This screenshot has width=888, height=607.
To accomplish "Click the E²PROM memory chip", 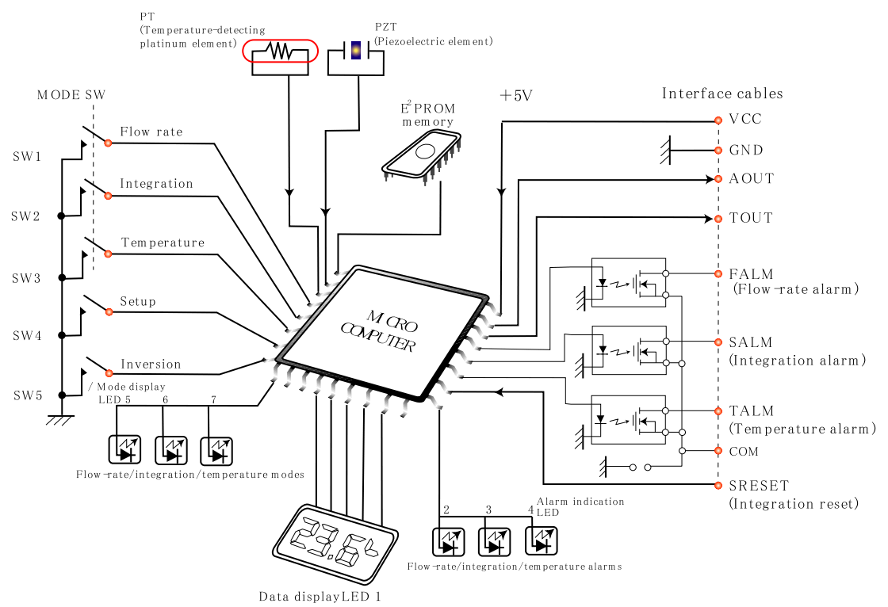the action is pos(421,157).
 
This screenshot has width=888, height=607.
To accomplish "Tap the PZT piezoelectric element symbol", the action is pos(356,51).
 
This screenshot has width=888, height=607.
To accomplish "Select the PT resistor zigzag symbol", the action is pos(281,52).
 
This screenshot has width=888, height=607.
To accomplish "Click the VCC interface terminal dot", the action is pos(718,120).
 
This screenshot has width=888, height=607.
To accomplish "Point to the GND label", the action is pos(746,150).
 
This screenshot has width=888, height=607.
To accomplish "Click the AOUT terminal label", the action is pos(751,178).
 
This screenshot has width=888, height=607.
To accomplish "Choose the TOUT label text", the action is pos(750,218).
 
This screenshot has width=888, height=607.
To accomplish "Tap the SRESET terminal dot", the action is pos(718,485).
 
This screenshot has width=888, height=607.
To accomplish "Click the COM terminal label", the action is pos(744,451).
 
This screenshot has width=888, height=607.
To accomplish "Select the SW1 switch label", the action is pos(27,156).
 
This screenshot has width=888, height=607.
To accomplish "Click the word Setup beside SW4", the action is pos(138,302).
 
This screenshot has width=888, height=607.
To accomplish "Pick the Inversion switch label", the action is pos(151,364).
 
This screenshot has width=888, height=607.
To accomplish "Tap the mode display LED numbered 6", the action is pos(171,451).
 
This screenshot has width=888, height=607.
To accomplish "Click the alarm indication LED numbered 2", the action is pos(449,542).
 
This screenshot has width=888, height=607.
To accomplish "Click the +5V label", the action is pos(516,95).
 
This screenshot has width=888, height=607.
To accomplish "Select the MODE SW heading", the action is pos(71,94).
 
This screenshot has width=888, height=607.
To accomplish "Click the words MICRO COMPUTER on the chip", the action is pos(381,332).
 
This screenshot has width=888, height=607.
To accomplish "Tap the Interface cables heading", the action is pos(722,94).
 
